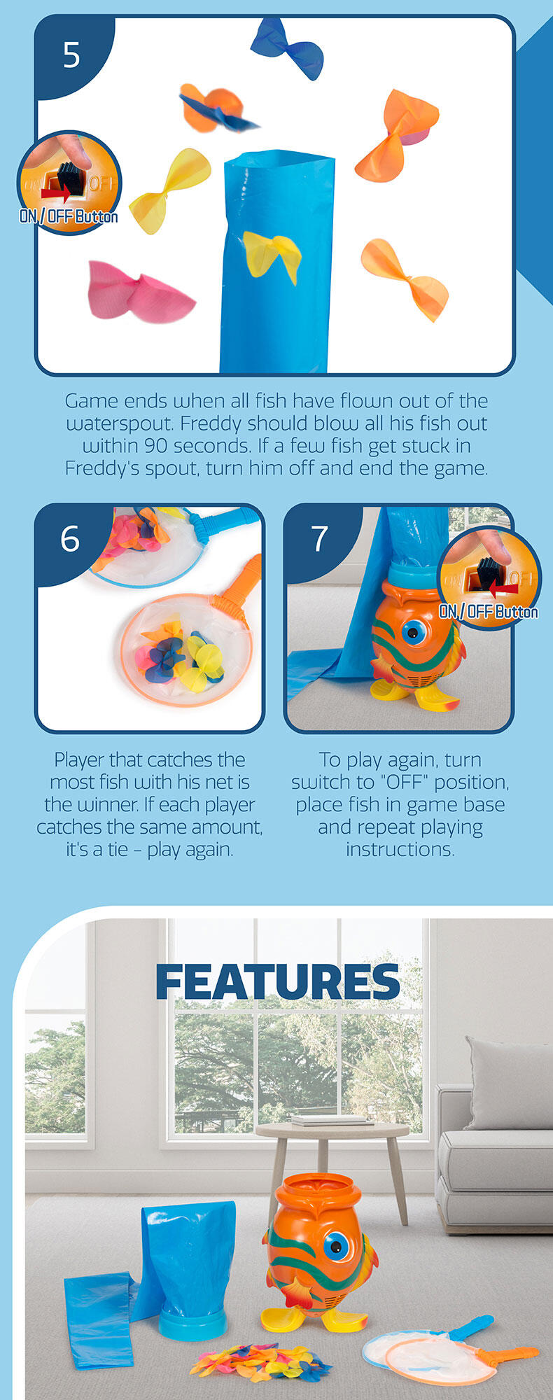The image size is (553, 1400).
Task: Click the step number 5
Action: (x=71, y=55)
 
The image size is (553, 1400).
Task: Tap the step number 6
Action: (x=70, y=539)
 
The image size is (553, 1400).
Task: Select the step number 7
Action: (x=319, y=539)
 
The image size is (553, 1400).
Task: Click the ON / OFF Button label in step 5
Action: (x=69, y=216)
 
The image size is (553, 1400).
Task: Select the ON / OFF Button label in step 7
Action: (x=489, y=612)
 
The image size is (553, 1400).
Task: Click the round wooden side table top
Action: (x=332, y=1130)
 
